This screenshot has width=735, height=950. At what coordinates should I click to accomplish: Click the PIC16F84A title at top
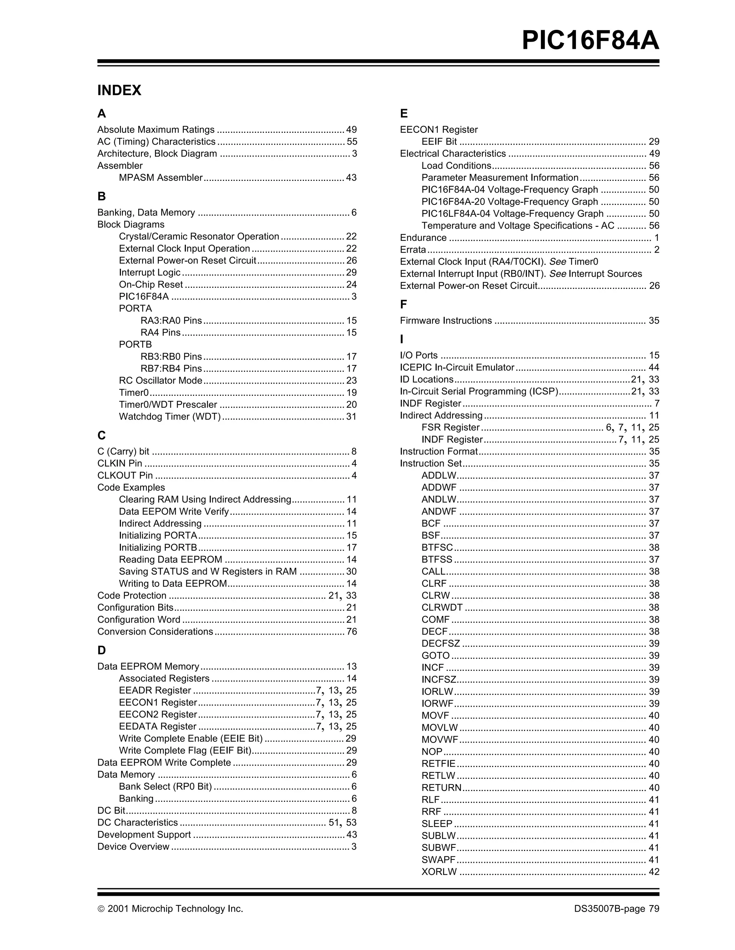(590, 41)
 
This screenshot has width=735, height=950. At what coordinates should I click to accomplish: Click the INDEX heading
(119, 90)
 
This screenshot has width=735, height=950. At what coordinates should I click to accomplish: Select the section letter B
(101, 196)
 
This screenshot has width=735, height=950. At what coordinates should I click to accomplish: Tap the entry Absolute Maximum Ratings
(156, 130)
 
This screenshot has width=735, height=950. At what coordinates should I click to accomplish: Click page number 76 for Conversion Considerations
(351, 632)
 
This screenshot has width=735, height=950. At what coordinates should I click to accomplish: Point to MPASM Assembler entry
(160, 177)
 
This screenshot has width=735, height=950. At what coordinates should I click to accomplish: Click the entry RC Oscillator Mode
(160, 380)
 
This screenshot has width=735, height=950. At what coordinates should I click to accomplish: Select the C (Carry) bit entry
(123, 451)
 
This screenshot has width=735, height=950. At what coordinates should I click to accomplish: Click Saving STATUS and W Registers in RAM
(207, 572)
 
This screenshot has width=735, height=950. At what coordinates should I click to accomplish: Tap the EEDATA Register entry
(158, 726)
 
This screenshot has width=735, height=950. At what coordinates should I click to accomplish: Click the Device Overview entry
(133, 847)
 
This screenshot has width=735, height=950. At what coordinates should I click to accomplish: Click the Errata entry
(413, 250)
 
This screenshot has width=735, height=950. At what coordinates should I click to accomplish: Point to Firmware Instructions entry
(445, 320)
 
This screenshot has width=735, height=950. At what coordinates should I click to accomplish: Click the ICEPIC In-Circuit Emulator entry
(457, 368)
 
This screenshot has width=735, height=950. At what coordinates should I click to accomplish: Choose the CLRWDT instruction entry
(441, 608)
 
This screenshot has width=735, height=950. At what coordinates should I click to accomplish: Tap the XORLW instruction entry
(439, 872)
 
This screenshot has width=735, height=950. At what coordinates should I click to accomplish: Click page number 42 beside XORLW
(654, 872)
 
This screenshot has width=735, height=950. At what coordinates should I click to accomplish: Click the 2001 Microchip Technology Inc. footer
(170, 909)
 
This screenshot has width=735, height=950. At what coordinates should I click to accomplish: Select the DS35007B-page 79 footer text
(616, 909)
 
